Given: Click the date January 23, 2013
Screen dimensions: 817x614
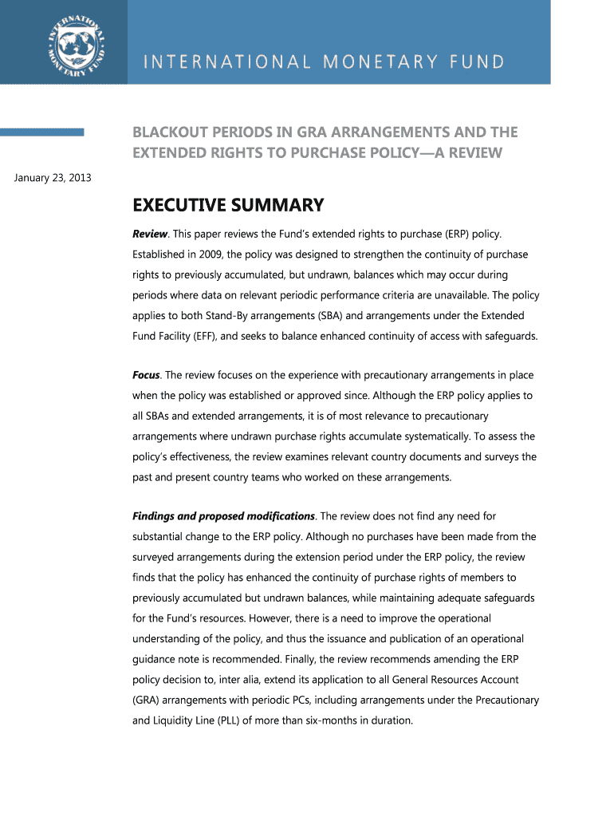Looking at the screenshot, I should coord(53,177).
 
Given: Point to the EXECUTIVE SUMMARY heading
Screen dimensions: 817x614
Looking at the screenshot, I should coord(227,206).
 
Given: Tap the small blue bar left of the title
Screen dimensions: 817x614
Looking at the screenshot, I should coord(42,132).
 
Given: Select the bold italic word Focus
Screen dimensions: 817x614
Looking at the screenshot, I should coord(146,374).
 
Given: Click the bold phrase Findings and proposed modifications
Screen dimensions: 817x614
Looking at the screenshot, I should coord(223,516).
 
